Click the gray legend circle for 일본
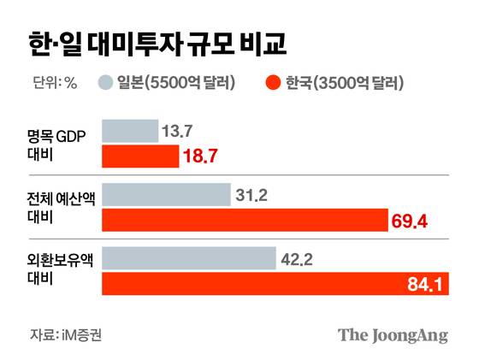tap(106, 83)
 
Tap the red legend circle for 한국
tap(274, 83)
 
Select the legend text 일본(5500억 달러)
tap(176, 83)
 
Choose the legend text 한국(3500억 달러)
tap(344, 83)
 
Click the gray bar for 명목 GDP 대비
tap(129, 131)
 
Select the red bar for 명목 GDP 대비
tap(140, 156)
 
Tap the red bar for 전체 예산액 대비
tap(243, 221)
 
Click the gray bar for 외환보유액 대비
tap(188, 258)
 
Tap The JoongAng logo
tap(392, 334)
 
